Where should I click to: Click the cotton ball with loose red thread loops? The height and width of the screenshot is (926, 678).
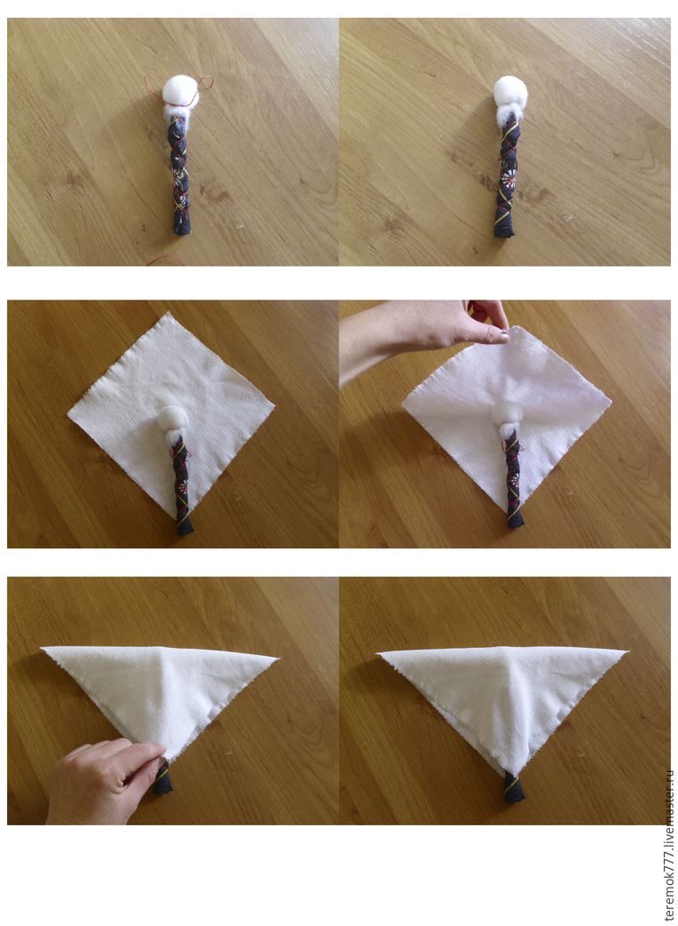180,92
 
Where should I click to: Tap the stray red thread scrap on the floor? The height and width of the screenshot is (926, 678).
166,259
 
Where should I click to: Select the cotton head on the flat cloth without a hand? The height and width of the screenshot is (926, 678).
172,418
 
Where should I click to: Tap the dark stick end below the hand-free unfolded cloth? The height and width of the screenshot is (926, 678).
185,528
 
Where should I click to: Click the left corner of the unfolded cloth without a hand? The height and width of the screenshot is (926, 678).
69,414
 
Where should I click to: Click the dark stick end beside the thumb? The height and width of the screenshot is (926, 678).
162,780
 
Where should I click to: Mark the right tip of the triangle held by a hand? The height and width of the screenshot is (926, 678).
277,657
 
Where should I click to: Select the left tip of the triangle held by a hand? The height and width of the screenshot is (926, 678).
43,649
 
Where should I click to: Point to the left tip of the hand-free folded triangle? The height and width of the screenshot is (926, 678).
378,653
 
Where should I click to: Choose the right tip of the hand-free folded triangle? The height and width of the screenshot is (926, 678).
625,651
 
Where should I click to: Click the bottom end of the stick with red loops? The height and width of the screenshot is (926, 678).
181,228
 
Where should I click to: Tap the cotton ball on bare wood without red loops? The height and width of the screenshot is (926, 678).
509,93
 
